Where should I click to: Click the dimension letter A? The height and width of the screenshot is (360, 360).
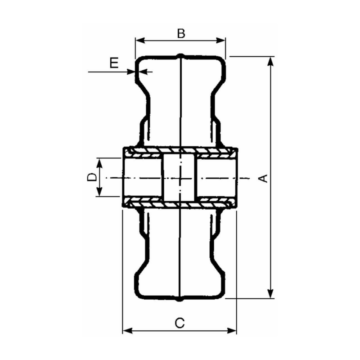click(x=264, y=178)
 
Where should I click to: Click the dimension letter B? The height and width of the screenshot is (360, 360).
click(x=180, y=33)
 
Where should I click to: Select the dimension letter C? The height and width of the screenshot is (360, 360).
click(x=179, y=322)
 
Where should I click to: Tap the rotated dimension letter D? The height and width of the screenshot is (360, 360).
click(x=91, y=177)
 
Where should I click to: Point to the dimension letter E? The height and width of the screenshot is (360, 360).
click(x=114, y=63)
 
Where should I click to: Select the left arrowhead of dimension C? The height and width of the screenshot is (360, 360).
click(x=126, y=331)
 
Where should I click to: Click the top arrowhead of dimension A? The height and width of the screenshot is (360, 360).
click(x=270, y=61)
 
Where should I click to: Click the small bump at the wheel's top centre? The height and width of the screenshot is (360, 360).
click(x=180, y=56)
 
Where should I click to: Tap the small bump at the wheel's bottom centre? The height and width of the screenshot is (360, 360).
click(x=180, y=299)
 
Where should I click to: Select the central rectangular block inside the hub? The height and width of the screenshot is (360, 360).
click(x=180, y=177)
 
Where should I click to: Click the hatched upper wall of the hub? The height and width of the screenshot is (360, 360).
click(x=180, y=151)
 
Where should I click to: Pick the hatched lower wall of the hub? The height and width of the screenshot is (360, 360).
click(x=180, y=203)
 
